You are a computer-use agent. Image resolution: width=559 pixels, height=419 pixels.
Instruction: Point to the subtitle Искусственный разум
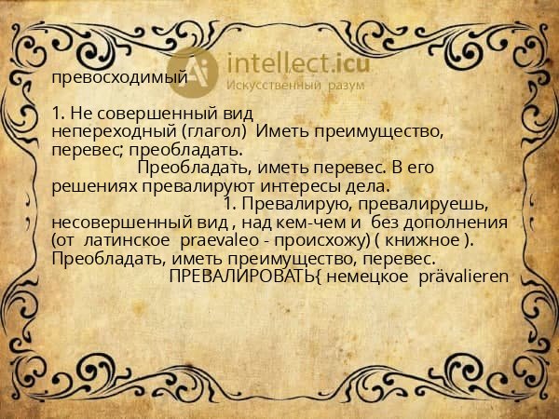click(295, 86)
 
